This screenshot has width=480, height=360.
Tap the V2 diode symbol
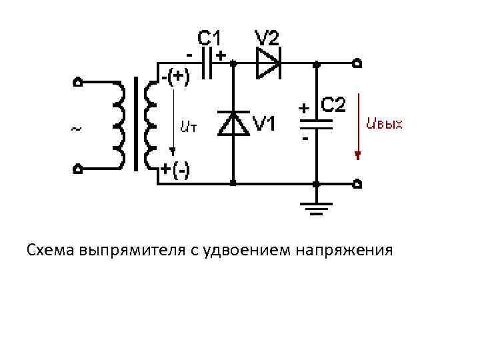click(x=269, y=64)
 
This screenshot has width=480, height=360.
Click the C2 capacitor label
click(x=333, y=105)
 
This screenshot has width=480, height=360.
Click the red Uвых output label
click(x=385, y=124)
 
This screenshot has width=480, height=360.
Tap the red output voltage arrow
click(x=358, y=127)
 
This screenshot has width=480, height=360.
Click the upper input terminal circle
click(x=78, y=83)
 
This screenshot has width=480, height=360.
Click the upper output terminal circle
click(x=358, y=65)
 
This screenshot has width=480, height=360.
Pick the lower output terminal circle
click(x=358, y=183)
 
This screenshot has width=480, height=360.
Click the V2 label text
click(x=267, y=37)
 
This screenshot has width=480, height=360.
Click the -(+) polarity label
click(x=175, y=78)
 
